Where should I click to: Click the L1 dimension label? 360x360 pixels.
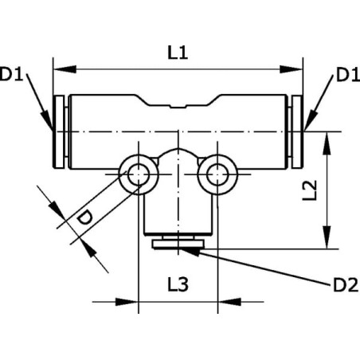coord(178,53)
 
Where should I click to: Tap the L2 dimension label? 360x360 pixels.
coord(310,190)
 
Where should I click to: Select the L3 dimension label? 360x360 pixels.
coord(178,284)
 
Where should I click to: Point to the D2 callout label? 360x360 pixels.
coord(346,285)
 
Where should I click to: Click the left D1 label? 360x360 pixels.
coord(11,74)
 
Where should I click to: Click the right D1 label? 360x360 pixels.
coord(348,75)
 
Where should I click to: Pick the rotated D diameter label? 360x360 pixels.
coord(84,217)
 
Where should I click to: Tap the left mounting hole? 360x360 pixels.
coord(139,174)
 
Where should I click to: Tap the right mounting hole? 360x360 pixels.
coord(217,174)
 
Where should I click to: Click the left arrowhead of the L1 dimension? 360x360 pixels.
coord(65,69)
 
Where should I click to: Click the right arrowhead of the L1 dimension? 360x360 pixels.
coord(292,69)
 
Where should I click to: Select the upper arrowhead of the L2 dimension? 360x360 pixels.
coord(327,143)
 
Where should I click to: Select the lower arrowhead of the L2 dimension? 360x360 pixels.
coord(327,237)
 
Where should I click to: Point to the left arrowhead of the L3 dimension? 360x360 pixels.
coord(127,302)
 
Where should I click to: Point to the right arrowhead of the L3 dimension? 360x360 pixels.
coord(229,302)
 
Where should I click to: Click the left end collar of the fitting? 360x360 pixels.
coord(59,131)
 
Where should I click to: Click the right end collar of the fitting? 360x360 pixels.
coord(297,131)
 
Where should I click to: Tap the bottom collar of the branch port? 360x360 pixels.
coord(178,245)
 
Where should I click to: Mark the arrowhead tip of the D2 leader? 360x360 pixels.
coord(179,248)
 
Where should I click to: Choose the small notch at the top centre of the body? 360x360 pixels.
coord(178,107)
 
